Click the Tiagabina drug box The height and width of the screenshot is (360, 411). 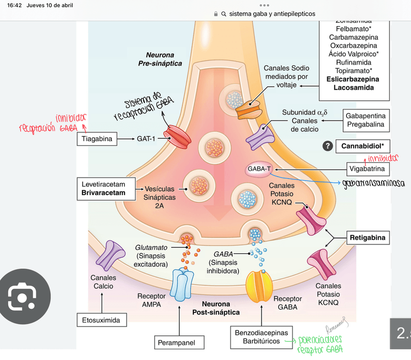click(x=97, y=139)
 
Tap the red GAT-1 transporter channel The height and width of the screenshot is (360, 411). click(x=177, y=137)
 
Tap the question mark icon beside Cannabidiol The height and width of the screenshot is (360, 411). click(x=328, y=146)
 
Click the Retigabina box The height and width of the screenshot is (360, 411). click(x=367, y=238)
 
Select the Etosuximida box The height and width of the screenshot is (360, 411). click(x=101, y=320)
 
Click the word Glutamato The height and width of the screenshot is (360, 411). click(x=151, y=247)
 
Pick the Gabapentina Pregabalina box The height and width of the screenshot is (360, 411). click(x=365, y=120)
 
